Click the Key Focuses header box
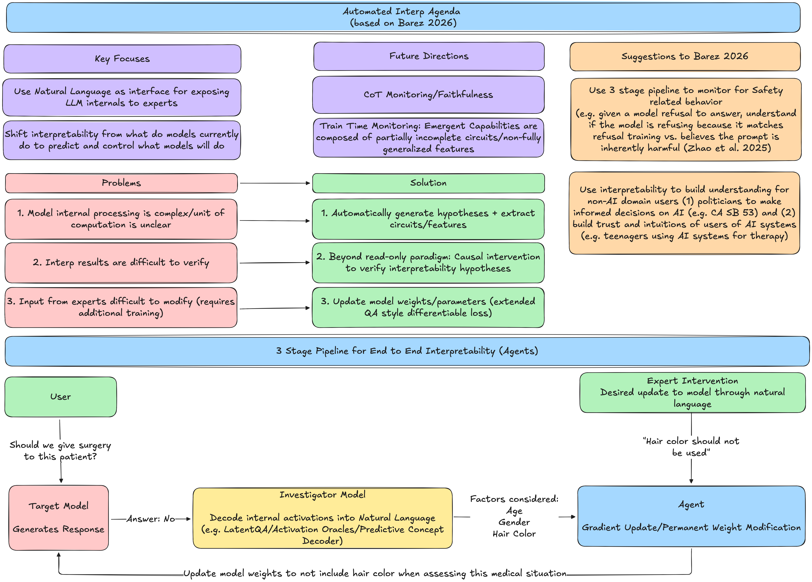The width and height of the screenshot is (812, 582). tap(122, 59)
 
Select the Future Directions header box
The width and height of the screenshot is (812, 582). tap(429, 56)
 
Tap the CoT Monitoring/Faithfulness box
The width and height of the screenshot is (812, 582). tap(428, 94)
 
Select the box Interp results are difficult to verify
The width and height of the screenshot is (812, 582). tap(121, 263)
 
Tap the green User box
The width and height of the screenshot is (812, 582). tap(61, 396)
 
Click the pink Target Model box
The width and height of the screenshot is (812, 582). tap(59, 518)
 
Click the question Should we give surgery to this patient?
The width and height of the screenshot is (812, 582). tap(60, 451)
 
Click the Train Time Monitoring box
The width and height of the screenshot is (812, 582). tap(428, 138)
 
